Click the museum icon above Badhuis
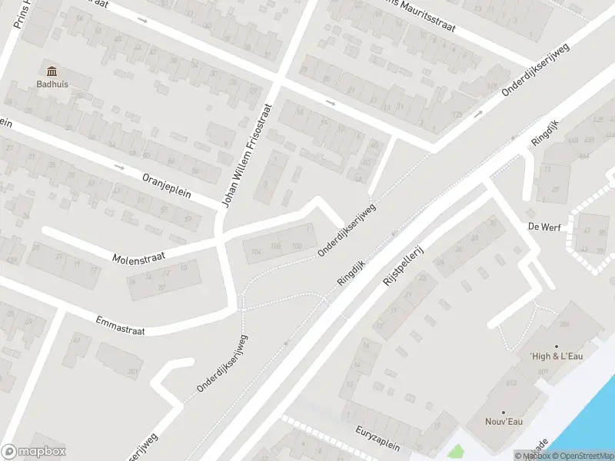[x=52, y=71]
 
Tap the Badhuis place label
[x=52, y=85]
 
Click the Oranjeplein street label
[x=165, y=186]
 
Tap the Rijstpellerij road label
[x=404, y=267]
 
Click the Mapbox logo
[x=34, y=452]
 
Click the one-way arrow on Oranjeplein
[x=118, y=166]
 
